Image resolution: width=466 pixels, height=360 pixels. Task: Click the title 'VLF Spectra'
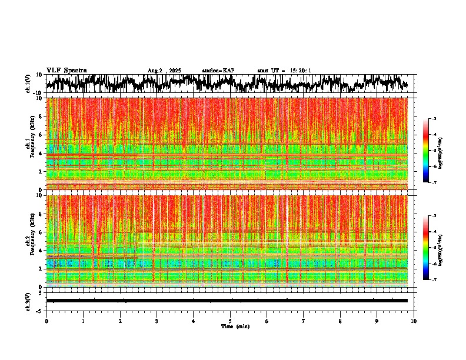click(x=66, y=71)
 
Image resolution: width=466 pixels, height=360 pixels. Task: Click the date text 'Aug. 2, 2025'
click(x=164, y=71)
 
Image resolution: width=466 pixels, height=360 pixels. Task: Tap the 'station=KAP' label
click(x=218, y=71)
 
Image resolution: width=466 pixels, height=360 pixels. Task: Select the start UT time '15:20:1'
click(x=299, y=71)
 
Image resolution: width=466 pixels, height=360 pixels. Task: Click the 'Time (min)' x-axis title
click(x=235, y=326)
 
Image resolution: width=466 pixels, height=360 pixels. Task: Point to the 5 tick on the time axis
click(x=230, y=321)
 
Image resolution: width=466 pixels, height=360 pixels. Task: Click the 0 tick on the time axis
click(x=46, y=321)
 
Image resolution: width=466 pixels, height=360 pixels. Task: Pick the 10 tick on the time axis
click(x=414, y=321)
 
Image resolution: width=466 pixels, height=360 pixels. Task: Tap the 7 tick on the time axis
click(x=304, y=321)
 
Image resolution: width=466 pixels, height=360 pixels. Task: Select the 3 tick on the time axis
click(x=157, y=321)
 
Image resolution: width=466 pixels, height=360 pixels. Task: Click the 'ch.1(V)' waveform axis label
click(x=28, y=84)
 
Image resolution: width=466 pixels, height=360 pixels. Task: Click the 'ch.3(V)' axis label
click(x=28, y=301)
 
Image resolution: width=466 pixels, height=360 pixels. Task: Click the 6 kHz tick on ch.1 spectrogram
click(x=42, y=135)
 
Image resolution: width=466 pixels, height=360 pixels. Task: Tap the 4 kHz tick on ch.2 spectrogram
click(x=42, y=251)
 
